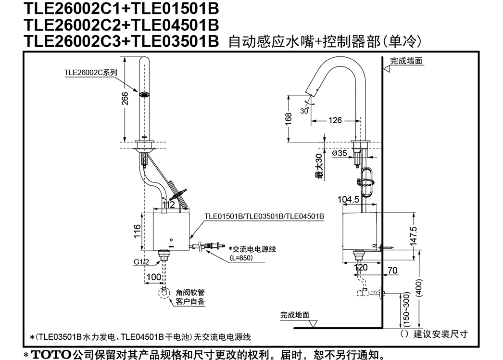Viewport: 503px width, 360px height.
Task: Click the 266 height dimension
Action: point(125,99)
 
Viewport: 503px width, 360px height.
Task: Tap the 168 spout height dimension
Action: point(289,118)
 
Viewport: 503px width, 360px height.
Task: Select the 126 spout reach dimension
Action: point(335,120)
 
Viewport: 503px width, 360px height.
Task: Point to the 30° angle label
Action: point(304,111)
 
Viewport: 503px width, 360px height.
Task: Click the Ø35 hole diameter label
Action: point(340,153)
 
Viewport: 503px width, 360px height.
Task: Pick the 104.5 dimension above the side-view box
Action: point(348,199)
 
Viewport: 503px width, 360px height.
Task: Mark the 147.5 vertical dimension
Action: point(414,236)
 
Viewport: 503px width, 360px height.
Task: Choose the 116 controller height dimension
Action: point(137,231)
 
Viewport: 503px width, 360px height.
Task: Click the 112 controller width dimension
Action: point(169,205)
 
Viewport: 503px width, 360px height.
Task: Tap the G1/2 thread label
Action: point(141,262)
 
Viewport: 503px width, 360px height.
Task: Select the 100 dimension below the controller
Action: point(154,277)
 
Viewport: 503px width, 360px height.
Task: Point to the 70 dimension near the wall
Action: point(392,270)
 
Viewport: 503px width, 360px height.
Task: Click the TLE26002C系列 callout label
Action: point(91,72)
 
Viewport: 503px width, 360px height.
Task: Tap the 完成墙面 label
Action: point(406,61)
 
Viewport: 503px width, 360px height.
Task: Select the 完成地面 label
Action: point(295,315)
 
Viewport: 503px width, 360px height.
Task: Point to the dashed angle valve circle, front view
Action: point(164,293)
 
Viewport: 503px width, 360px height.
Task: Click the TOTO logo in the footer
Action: point(51,355)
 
